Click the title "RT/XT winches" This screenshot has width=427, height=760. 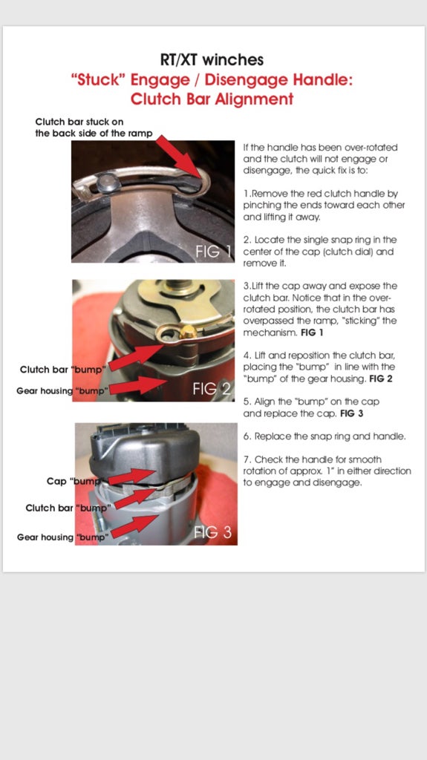point(212,60)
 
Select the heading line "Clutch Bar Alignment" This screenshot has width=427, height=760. point(212,99)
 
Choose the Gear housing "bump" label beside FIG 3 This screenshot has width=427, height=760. point(62,537)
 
